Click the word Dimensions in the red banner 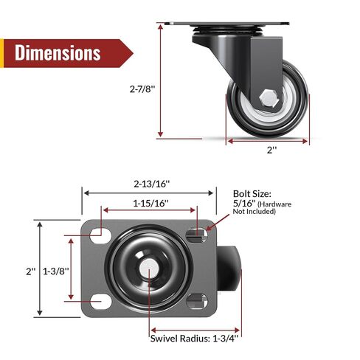58,53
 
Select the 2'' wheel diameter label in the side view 271,150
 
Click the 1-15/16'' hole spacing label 150,203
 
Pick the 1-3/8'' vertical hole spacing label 55,271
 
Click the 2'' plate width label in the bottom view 30,271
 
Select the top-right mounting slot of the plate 197,235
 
